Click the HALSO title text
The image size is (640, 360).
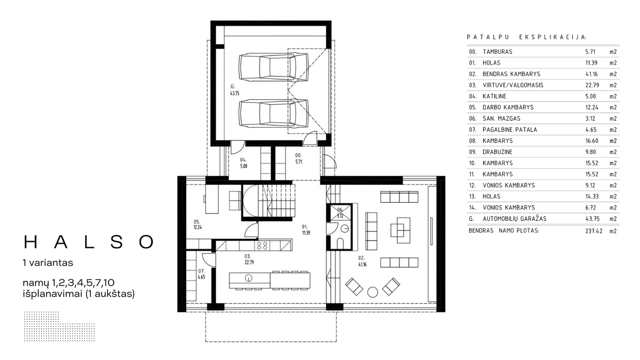point(89,242)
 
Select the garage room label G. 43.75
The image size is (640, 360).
point(235,90)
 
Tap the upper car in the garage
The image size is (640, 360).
point(274,67)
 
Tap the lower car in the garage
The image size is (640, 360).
point(274,113)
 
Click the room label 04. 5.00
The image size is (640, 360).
point(243,163)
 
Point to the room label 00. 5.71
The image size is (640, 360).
point(299,159)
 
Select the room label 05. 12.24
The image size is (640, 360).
point(197,225)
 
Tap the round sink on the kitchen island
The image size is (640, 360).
point(249,277)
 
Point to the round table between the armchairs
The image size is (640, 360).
point(373,292)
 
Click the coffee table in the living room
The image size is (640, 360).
point(400,230)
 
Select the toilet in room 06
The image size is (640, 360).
point(340,243)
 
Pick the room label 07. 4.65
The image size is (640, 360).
point(202,274)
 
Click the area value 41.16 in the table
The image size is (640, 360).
point(592,74)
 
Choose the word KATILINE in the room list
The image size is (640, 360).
point(494,96)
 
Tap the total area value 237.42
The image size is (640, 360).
point(594,231)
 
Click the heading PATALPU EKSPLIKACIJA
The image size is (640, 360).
point(527,37)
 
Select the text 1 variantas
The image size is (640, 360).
point(48,263)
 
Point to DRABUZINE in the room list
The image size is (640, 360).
point(497,152)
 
